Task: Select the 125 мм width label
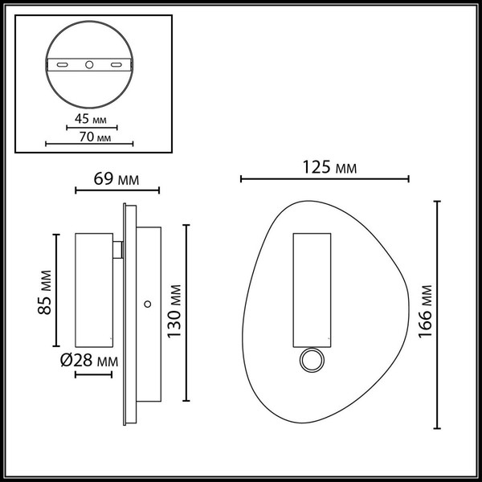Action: tap(329, 168)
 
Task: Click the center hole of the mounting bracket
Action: tap(88, 63)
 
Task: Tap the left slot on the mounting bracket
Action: tap(62, 63)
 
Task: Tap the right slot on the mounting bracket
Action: tap(116, 63)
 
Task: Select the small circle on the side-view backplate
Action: tap(147, 304)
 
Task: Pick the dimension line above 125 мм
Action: tap(325, 179)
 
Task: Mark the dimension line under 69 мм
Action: tap(117, 191)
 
